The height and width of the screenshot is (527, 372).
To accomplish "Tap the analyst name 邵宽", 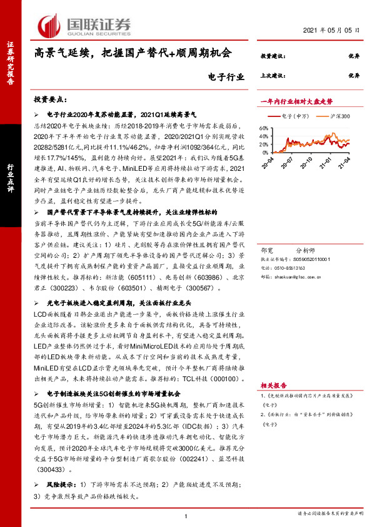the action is (266, 248).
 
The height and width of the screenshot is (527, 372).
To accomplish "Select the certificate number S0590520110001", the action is (309, 257).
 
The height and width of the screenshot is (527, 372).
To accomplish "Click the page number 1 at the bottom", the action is (186, 516).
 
